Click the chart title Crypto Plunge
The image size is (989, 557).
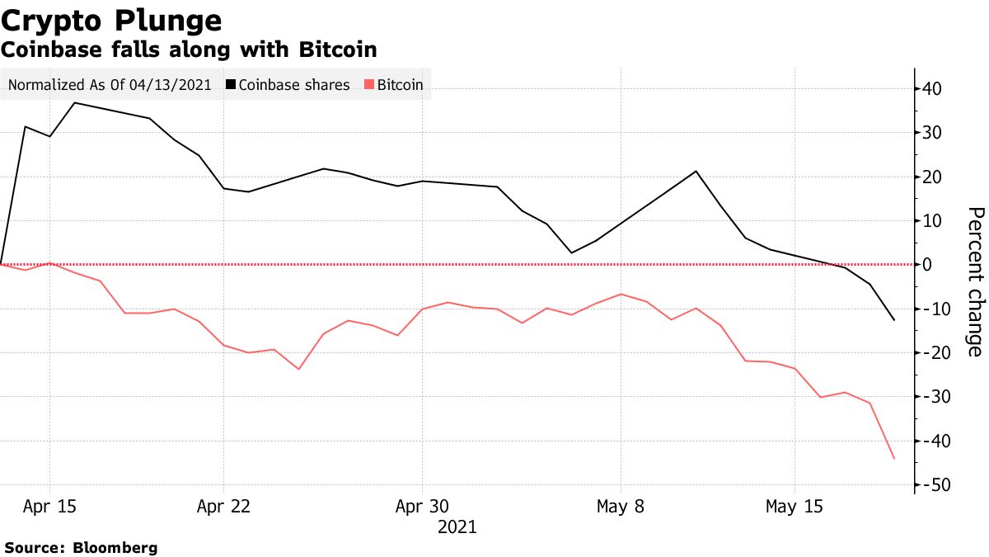click(x=112, y=21)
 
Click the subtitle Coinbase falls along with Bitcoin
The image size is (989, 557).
click(x=190, y=50)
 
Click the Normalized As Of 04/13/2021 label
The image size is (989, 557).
click(x=110, y=85)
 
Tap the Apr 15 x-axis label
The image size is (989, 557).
click(x=49, y=507)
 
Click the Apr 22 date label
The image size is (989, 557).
click(x=223, y=507)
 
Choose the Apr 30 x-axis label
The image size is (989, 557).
click(x=422, y=507)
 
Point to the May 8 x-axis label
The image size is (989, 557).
click(x=621, y=507)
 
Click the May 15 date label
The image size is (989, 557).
click(x=794, y=507)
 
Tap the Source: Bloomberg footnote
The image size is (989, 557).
click(x=81, y=548)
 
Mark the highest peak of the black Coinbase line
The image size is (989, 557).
click(x=75, y=102)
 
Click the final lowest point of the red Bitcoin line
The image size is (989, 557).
click(x=894, y=459)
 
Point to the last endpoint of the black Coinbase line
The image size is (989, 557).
click(x=894, y=320)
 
